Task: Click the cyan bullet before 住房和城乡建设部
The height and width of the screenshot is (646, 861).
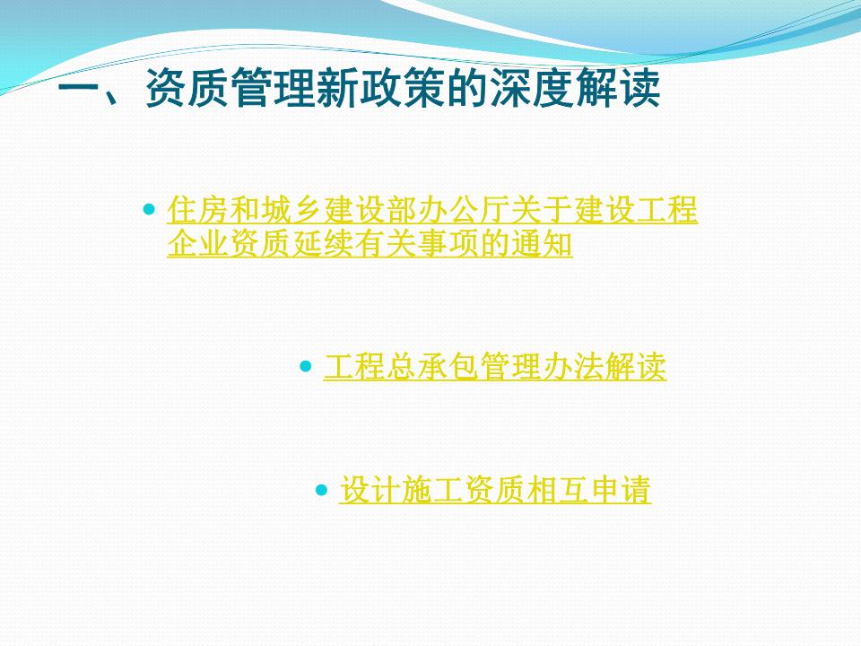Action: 149,209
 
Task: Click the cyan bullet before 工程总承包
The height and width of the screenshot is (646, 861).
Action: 306,366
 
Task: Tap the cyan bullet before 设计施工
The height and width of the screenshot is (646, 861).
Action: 322,490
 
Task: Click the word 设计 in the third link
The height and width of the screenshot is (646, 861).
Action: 370,490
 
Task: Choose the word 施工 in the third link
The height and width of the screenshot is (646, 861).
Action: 432,490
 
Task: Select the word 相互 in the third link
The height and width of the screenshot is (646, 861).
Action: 557,490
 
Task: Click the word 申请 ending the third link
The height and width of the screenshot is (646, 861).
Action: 620,490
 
